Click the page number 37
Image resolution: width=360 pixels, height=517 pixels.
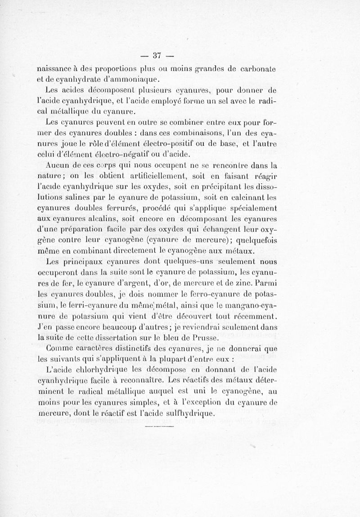coord(157,55)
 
